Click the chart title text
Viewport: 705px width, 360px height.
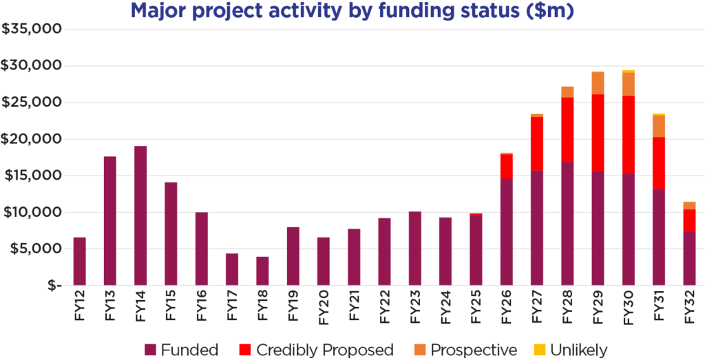[x=352, y=12]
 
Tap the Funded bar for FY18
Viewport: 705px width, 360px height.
[x=262, y=271]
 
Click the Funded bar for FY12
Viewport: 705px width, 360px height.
[x=80, y=261]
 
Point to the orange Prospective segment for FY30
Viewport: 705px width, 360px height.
[x=628, y=84]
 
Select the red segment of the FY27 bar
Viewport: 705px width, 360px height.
[x=537, y=144]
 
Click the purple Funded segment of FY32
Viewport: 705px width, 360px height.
[x=689, y=258]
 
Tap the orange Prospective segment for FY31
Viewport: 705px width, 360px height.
[x=659, y=126]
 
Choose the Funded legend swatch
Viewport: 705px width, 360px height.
[x=150, y=350]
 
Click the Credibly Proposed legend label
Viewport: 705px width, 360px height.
[x=325, y=350]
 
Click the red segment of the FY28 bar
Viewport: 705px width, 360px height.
[x=567, y=129]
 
